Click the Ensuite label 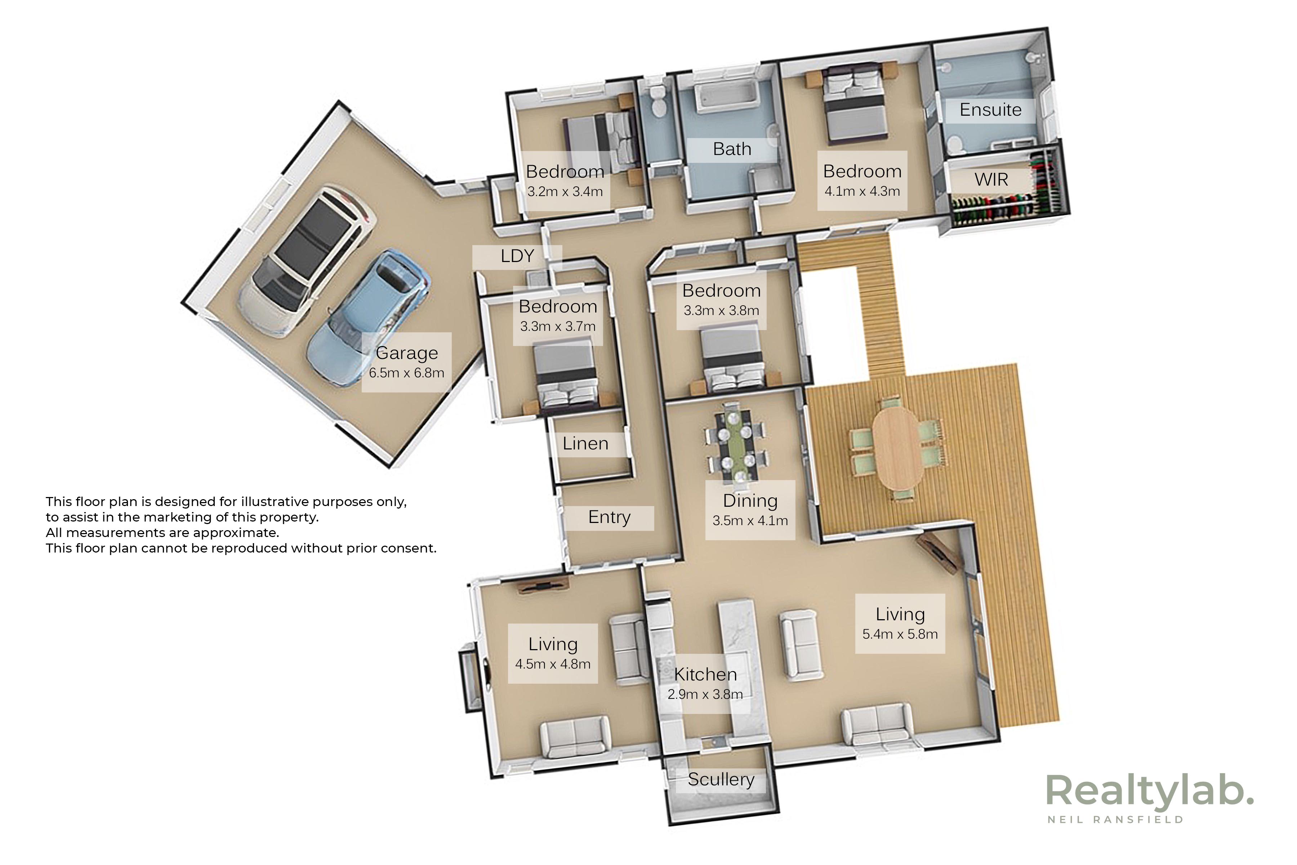point(990,110)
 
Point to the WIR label point(991,180)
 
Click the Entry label point(609,518)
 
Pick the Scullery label point(721,780)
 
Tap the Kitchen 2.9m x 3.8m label point(705,683)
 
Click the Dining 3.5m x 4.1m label point(750,510)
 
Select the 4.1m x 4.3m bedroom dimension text point(862,191)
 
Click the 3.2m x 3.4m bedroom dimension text point(565,192)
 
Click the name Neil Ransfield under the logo point(1115,820)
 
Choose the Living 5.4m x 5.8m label point(900,624)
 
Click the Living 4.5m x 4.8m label point(553,654)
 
